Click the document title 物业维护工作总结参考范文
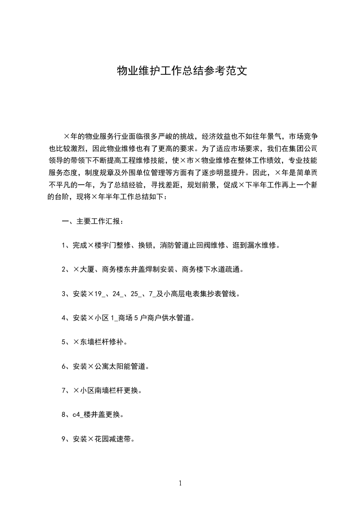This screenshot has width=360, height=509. tap(182, 71)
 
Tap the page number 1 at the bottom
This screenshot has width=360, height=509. tap(180, 483)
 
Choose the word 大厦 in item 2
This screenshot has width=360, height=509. tap(87, 269)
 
